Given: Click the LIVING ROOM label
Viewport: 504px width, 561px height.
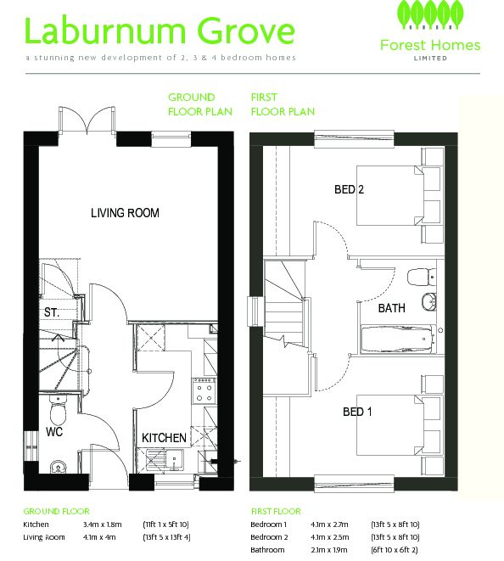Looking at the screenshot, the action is tap(125, 213).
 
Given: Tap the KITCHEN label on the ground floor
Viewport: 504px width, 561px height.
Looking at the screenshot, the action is tap(164, 438).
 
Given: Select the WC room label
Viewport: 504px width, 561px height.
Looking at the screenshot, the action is tap(54, 431).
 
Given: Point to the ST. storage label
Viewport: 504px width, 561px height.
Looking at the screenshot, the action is tap(52, 312).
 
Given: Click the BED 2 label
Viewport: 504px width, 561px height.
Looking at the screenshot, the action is tap(349, 189).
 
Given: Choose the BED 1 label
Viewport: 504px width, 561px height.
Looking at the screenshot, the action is tap(357, 412).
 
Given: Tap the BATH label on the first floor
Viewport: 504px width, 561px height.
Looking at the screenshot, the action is tap(392, 308).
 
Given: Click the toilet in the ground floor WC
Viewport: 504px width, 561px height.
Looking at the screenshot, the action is tap(58, 410).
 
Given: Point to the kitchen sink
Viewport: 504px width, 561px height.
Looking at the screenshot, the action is tap(165, 460).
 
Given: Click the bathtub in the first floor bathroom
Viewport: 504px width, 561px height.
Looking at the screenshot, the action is tap(398, 338).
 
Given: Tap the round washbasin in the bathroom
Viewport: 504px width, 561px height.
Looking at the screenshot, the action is tap(428, 302).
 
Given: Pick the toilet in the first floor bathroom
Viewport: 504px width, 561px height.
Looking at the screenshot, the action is tap(422, 277).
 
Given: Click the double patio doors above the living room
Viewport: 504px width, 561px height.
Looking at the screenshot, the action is tap(87, 121).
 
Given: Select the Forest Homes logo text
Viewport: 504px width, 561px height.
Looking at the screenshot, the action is tap(430, 46).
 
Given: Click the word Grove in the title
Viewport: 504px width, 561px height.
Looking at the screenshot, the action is tap(246, 31).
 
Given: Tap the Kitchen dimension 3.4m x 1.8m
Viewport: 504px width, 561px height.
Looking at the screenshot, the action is tap(103, 525).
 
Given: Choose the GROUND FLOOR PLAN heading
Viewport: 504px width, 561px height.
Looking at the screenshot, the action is tap(200, 104).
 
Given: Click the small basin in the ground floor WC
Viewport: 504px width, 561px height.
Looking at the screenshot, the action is tap(58, 466).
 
